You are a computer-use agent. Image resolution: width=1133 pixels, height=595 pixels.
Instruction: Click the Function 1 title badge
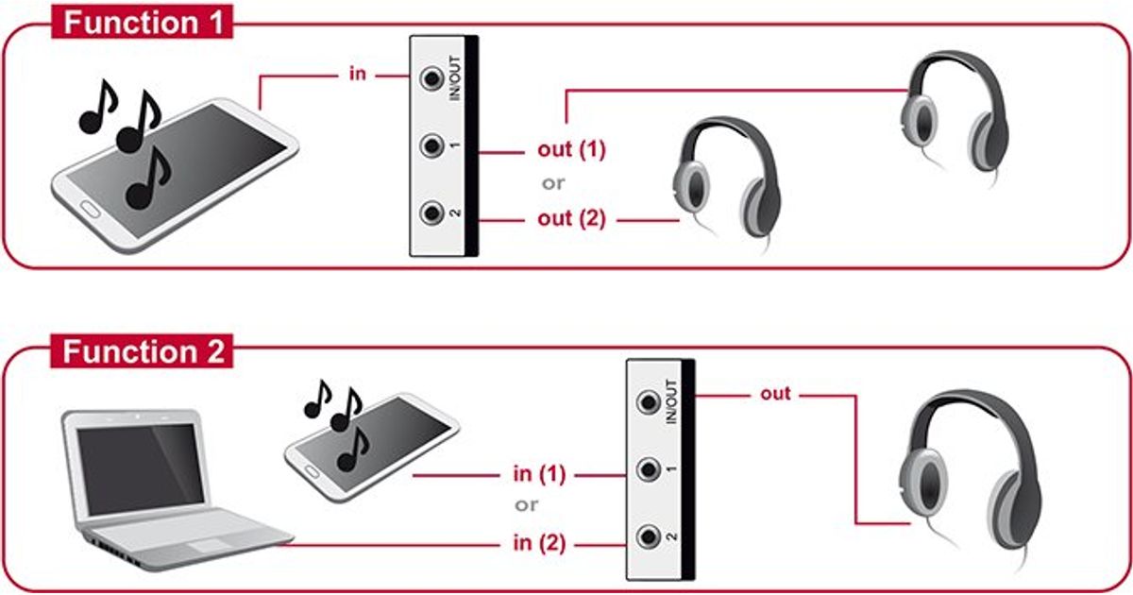(145, 21)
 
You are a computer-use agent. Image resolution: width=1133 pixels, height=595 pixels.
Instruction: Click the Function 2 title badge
(145, 352)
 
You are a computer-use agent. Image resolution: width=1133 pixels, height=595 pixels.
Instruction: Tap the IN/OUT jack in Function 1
(432, 77)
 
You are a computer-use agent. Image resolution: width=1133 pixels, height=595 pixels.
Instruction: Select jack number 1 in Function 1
(432, 146)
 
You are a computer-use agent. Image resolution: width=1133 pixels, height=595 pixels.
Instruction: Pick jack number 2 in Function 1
(432, 213)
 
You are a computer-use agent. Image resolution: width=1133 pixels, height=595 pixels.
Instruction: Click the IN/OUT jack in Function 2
(649, 401)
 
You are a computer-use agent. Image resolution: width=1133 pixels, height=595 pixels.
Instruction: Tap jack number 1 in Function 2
(649, 468)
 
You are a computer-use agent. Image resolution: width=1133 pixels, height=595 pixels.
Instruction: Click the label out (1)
(570, 150)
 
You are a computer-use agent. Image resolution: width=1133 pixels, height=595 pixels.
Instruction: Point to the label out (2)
(570, 219)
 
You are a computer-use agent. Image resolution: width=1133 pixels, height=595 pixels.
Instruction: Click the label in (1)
(539, 474)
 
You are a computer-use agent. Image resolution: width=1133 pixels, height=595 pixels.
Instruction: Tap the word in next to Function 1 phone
(357, 74)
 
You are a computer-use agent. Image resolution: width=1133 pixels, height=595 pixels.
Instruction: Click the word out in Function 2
(775, 393)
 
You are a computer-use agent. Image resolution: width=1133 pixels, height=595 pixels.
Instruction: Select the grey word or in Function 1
(552, 183)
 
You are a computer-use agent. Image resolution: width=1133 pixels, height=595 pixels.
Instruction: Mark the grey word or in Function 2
(526, 505)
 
